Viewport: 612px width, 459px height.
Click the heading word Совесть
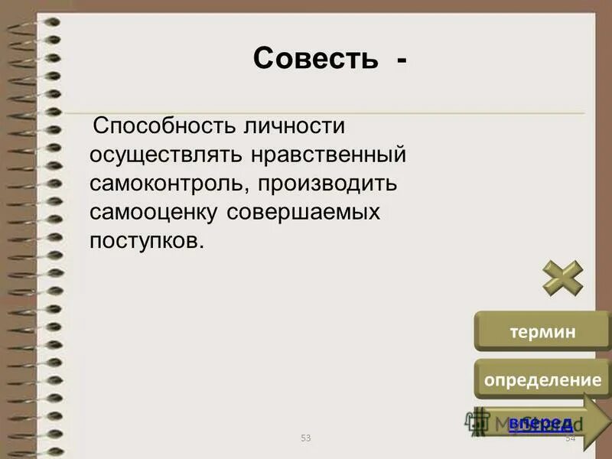pos(315,59)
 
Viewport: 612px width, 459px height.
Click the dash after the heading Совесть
pos(402,60)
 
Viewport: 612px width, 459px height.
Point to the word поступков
pos(146,241)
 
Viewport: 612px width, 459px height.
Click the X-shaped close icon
pos(563,278)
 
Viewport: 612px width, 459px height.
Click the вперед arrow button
pos(542,422)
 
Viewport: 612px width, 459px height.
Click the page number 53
pos(306,438)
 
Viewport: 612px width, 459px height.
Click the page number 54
pos(570,438)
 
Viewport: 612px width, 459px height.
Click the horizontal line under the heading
pos(337,114)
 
